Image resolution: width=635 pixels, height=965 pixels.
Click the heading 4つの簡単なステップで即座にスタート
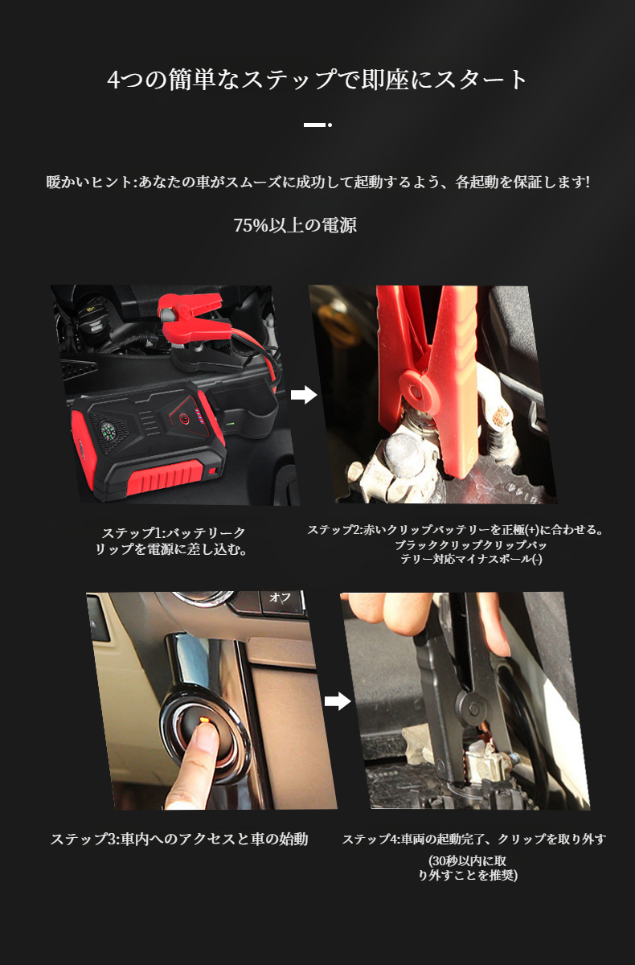317,80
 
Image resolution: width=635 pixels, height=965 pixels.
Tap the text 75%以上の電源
295,226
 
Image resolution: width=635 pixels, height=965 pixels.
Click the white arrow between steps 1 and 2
303,395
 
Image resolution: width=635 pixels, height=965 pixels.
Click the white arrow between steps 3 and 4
338,701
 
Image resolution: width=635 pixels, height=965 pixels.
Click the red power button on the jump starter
186,420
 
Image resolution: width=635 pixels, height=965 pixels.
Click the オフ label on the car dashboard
280,597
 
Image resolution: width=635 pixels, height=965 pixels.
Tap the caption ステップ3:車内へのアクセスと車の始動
178,839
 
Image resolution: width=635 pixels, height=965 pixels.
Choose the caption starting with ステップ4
473,839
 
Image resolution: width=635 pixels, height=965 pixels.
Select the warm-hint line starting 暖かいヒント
317,183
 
